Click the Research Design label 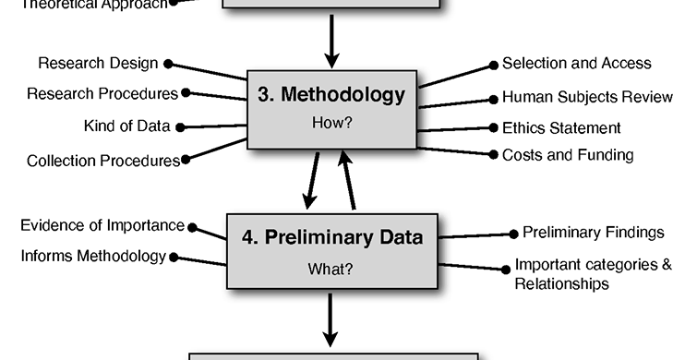(98, 63)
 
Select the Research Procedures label (102, 93)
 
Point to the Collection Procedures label (102, 160)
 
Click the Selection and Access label (576, 64)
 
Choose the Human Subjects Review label (586, 97)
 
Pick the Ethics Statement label (561, 128)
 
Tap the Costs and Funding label (568, 155)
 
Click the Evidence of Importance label (102, 226)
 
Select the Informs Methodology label (93, 256)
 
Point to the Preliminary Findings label (593, 233)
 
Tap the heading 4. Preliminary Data (332, 237)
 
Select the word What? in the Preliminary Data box (333, 270)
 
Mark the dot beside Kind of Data (179, 126)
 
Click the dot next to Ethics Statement (494, 128)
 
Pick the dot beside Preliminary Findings (513, 234)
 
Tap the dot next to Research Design (168, 64)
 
